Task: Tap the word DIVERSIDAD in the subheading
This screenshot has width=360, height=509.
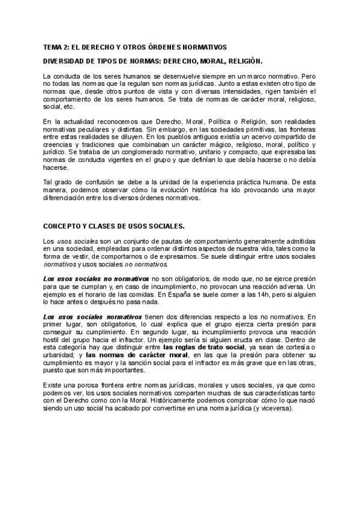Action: (67, 61)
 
